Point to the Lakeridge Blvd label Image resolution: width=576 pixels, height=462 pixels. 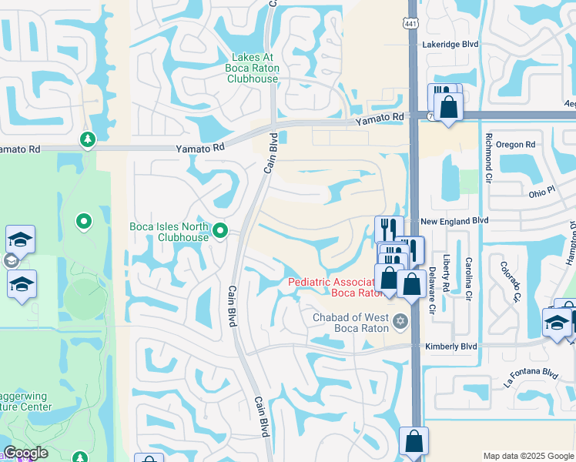coord(450,45)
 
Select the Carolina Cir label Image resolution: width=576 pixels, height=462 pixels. coord(468,273)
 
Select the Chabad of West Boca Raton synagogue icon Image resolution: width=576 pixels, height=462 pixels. coord(399,320)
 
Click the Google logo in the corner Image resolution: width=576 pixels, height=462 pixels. coord(25,453)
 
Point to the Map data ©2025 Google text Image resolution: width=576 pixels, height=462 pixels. coord(527,456)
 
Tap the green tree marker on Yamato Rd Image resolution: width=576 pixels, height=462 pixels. coord(85,139)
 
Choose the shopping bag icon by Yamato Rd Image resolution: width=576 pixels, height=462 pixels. coord(447,105)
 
